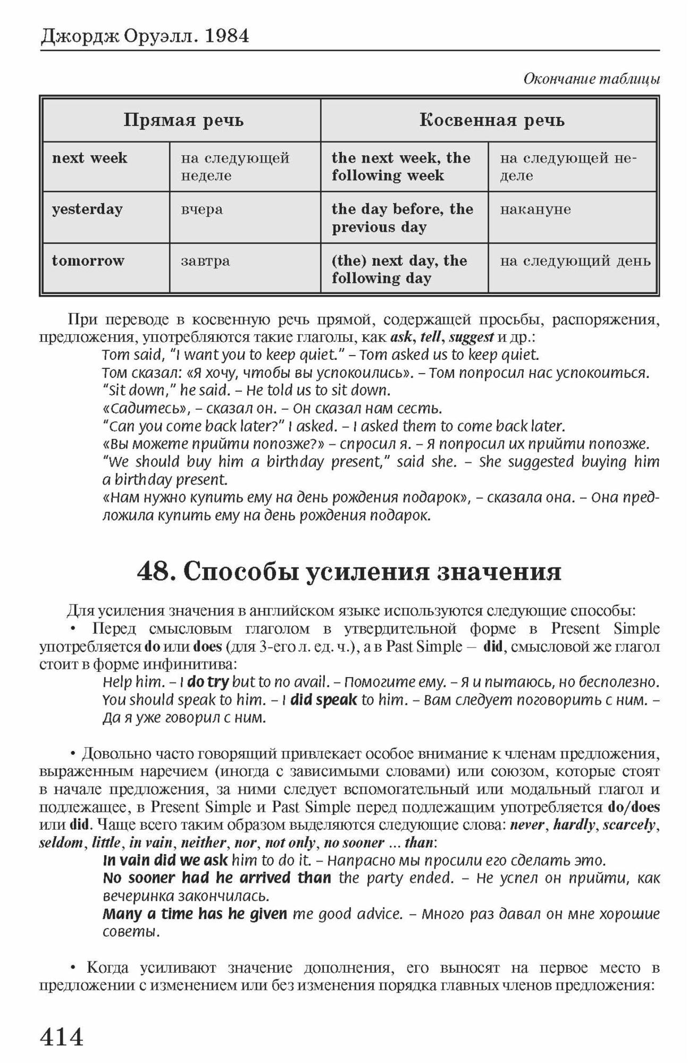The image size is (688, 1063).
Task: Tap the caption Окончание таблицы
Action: point(591,79)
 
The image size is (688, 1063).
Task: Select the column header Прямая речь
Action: point(183,120)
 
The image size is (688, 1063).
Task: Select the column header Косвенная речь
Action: point(492,120)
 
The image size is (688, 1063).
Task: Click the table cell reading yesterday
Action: point(87,209)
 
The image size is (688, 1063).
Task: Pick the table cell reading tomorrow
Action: point(88,260)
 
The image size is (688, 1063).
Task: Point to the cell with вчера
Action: point(202,209)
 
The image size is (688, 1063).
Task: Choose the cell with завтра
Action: point(205,260)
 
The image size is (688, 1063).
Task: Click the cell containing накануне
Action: point(535,209)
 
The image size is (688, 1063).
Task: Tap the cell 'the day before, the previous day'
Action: point(402,218)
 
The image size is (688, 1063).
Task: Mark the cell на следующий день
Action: point(575,260)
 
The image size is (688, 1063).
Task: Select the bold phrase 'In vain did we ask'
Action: point(165,860)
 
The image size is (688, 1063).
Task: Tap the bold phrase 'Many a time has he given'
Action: point(195,914)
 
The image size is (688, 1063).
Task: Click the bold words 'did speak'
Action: point(323,699)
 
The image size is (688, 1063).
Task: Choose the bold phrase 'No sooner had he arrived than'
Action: point(216,878)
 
